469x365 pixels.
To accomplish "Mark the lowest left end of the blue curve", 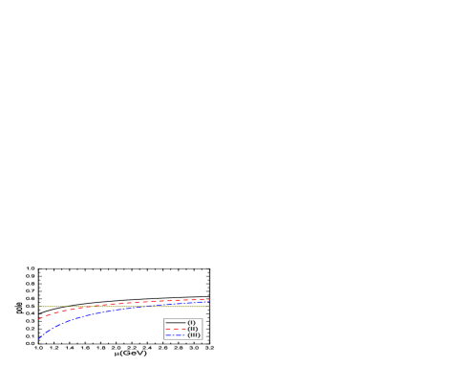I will pyautogui.click(x=39, y=338).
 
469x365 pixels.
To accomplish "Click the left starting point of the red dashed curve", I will pyautogui.click(x=39, y=318).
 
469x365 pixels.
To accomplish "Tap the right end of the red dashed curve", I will pyautogui.click(x=208, y=299).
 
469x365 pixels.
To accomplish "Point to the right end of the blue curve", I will pyautogui.click(x=208, y=303).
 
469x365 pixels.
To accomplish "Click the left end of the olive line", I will pyautogui.click(x=39, y=306).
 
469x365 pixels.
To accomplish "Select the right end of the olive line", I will pyautogui.click(x=208, y=306).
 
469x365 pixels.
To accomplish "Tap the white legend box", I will pyautogui.click(x=182, y=329).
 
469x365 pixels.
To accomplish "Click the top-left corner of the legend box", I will pyautogui.click(x=163, y=319).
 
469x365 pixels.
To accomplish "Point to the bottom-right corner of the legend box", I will pyautogui.click(x=202, y=339).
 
